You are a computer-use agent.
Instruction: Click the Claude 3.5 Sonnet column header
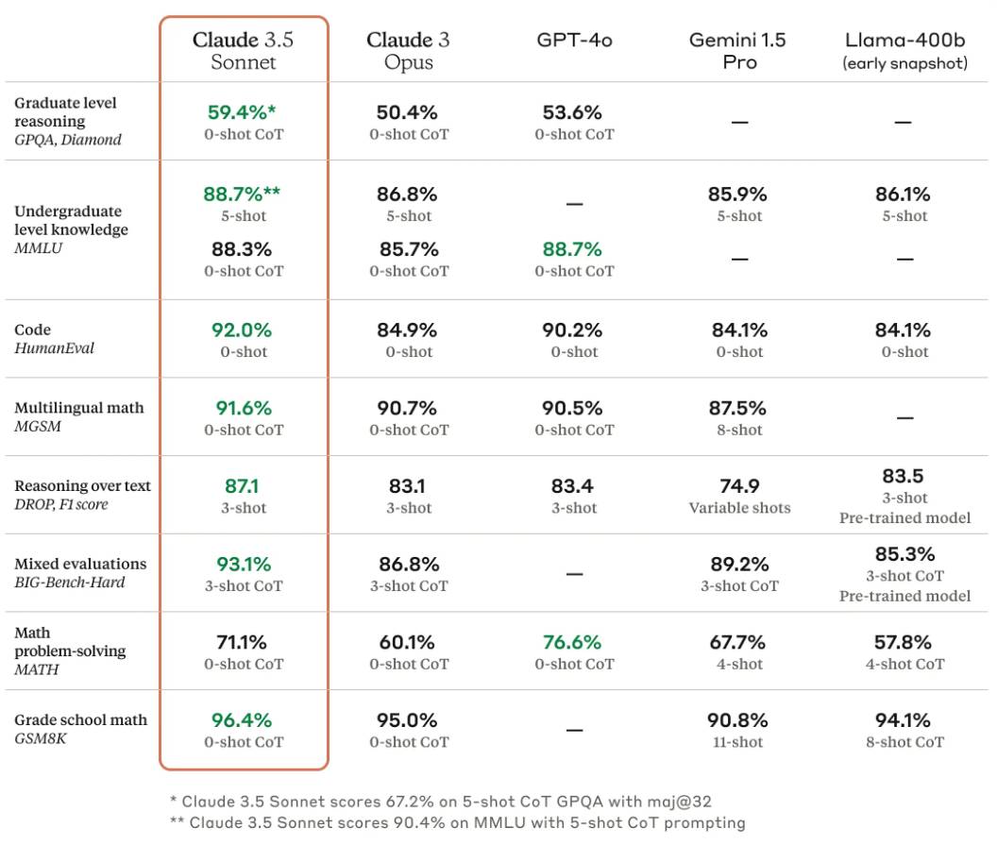(244, 51)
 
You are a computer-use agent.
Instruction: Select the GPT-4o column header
(574, 41)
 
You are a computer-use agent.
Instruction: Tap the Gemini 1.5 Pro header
(738, 51)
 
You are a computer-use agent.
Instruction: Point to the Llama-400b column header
(904, 51)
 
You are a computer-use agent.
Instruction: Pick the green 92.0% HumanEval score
(241, 330)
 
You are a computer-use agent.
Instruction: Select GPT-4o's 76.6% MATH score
(572, 642)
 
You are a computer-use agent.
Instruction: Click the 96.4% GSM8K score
(241, 720)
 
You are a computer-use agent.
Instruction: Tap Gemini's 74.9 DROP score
(739, 486)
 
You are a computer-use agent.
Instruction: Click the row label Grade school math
(81, 719)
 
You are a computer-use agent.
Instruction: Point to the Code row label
(33, 330)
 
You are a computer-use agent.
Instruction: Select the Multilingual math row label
(79, 408)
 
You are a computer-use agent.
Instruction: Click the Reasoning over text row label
(82, 486)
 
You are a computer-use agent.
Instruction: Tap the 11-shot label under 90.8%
(738, 742)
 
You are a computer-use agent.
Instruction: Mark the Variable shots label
(739, 508)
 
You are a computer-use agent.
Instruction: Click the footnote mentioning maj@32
(440, 802)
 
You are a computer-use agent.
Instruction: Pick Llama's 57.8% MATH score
(904, 642)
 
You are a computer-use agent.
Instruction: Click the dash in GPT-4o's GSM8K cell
(574, 731)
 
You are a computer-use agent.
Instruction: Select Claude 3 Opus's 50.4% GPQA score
(408, 112)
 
